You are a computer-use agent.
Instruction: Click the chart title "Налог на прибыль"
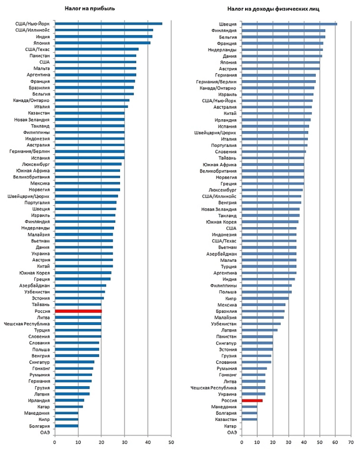(90, 9)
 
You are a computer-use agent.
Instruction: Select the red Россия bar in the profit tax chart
(78, 311)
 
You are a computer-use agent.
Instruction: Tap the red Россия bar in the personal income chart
(252, 400)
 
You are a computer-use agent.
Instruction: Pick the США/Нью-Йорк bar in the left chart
(108, 23)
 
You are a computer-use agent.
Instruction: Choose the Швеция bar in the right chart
(289, 23)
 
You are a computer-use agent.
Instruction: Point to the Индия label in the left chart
(42, 36)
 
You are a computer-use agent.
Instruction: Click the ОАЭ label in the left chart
(45, 432)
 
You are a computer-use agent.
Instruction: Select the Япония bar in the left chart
(103, 43)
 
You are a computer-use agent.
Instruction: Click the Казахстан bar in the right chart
(249, 419)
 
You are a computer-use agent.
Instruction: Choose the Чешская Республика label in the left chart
(27, 324)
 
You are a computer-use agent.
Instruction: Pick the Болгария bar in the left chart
(66, 426)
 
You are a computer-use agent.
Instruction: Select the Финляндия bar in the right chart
(283, 30)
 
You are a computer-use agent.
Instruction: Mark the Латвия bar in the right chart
(259, 330)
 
